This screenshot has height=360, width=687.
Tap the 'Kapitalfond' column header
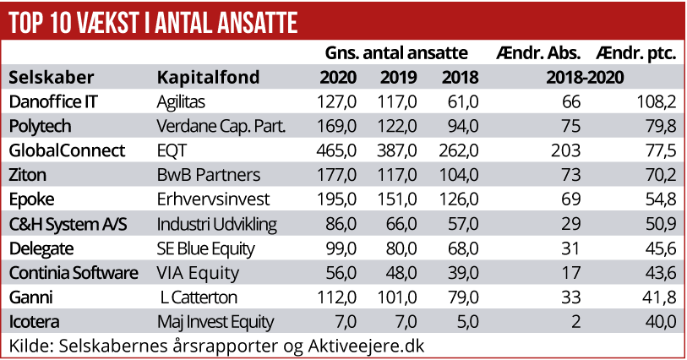click(x=208, y=79)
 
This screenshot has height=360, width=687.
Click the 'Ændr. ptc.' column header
click(x=635, y=54)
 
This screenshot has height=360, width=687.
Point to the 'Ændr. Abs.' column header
click(x=541, y=54)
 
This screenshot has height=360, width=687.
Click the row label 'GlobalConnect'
click(x=66, y=150)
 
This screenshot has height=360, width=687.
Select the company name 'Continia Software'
click(x=73, y=273)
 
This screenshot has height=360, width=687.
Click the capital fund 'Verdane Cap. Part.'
click(x=221, y=127)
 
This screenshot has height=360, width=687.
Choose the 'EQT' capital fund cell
click(x=172, y=150)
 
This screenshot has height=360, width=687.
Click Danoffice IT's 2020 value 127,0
click(x=338, y=102)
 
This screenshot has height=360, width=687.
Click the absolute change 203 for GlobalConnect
click(x=567, y=150)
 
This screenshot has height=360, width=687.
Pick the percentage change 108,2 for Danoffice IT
click(x=656, y=102)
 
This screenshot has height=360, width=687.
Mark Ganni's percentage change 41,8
click(x=660, y=297)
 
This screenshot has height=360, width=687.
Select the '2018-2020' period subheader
click(x=585, y=79)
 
